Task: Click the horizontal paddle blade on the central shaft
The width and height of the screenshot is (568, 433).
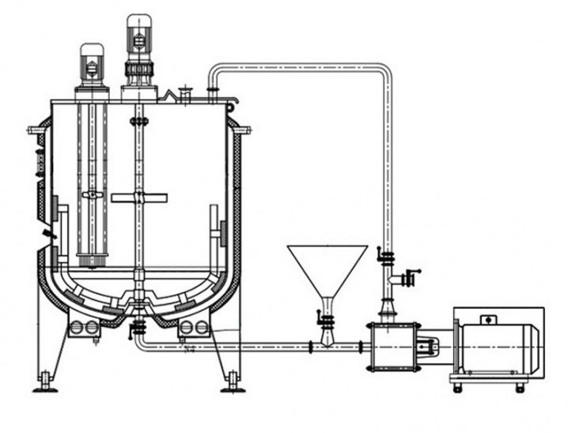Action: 139,197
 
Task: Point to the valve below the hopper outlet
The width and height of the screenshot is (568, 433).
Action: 326,319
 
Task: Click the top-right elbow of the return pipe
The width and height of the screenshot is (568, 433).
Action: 384,73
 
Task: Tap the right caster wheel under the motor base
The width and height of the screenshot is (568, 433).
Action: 520,387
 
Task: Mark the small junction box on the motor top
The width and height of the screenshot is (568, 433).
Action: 485,320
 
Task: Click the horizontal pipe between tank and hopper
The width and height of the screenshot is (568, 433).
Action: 237,346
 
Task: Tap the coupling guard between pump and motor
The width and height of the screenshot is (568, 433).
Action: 428,346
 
